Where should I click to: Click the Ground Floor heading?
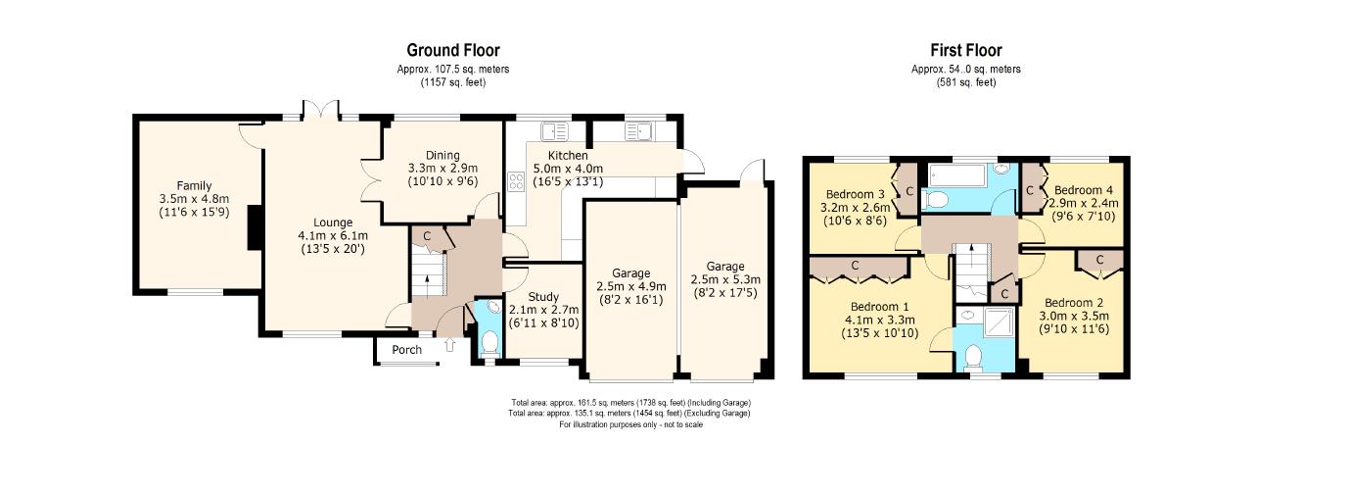[453, 50]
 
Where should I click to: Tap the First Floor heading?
[966, 50]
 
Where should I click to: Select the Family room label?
[194, 186]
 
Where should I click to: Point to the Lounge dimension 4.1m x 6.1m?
[333, 235]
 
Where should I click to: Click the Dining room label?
[442, 155]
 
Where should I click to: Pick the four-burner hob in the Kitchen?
[516, 181]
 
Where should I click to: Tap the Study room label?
[543, 297]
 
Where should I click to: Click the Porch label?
[407, 350]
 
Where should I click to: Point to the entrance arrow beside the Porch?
[449, 344]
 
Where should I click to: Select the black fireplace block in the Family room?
[255, 227]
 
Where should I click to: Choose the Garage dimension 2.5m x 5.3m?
[725, 280]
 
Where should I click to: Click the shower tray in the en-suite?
[1000, 322]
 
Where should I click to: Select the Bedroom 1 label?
[879, 307]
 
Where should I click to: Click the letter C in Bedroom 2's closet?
[1100, 260]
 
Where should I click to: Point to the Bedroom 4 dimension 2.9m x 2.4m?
[1085, 203]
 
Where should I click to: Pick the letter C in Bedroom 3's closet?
[910, 191]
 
